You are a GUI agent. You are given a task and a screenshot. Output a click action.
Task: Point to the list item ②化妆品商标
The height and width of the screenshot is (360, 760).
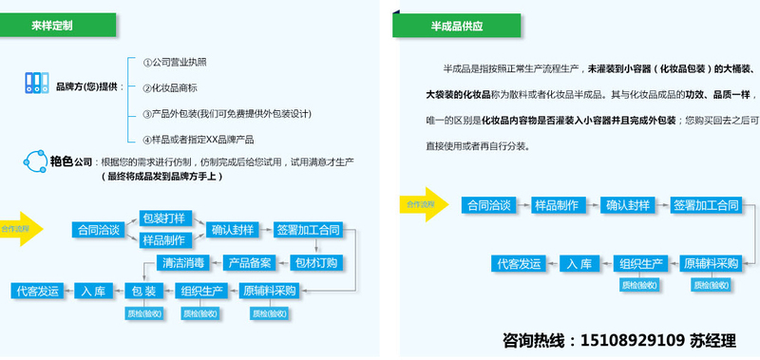pyautogui.click(x=171, y=88)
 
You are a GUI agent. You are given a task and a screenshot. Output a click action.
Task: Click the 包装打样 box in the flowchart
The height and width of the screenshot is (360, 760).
pyautogui.click(x=163, y=218)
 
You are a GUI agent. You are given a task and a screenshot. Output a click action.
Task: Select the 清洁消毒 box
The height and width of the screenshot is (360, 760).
pyautogui.click(x=186, y=262)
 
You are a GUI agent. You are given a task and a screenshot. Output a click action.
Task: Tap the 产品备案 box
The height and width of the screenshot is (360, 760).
pyautogui.click(x=251, y=262)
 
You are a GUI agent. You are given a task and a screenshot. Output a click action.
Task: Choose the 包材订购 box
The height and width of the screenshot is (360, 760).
pyautogui.click(x=314, y=262)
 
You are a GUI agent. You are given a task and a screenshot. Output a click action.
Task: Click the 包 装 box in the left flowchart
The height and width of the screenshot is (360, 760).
pyautogui.click(x=140, y=291)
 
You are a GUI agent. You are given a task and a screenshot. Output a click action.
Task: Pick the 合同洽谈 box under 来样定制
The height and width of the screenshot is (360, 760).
pyautogui.click(x=99, y=230)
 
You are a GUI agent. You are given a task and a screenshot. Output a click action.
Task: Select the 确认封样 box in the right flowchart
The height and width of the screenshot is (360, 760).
pyautogui.click(x=628, y=205)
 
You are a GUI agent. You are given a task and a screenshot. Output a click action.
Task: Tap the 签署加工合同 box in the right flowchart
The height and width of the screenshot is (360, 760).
pyautogui.click(x=705, y=205)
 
